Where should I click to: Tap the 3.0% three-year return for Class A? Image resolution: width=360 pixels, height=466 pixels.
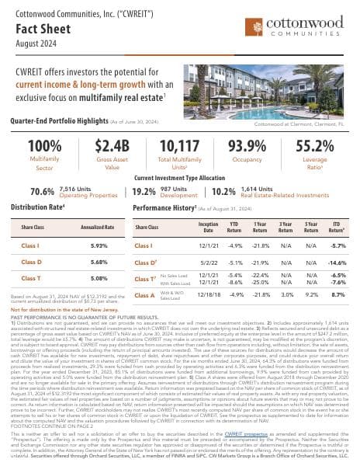pos(285,296)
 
